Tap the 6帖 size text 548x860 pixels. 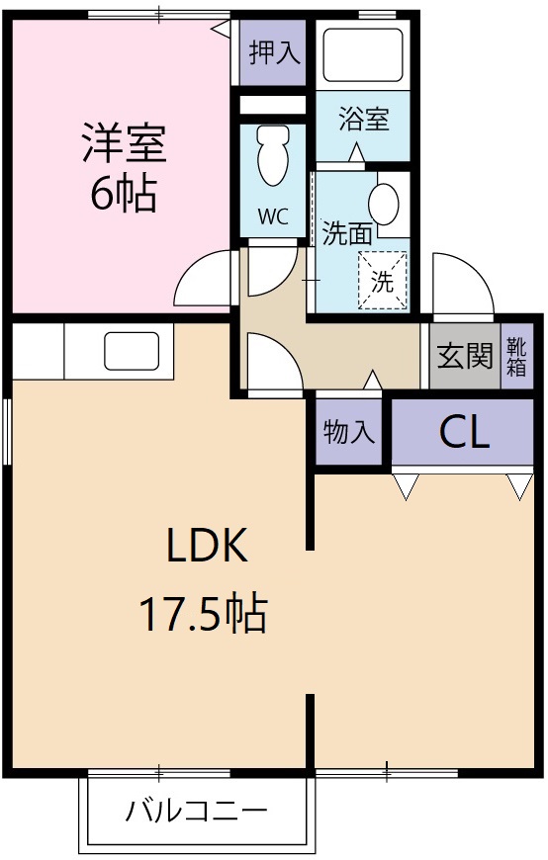click(x=124, y=195)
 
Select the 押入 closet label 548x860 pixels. click(x=274, y=52)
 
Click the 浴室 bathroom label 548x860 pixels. click(x=363, y=120)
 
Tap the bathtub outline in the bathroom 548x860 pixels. click(x=363, y=55)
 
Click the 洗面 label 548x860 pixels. click(x=347, y=234)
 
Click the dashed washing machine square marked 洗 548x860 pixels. click(x=382, y=280)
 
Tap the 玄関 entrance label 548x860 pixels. click(x=465, y=356)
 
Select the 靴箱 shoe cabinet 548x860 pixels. click(x=516, y=357)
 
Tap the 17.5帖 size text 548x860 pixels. click(x=202, y=614)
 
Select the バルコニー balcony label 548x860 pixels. click(x=196, y=813)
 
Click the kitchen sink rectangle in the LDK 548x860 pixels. click(x=131, y=352)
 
